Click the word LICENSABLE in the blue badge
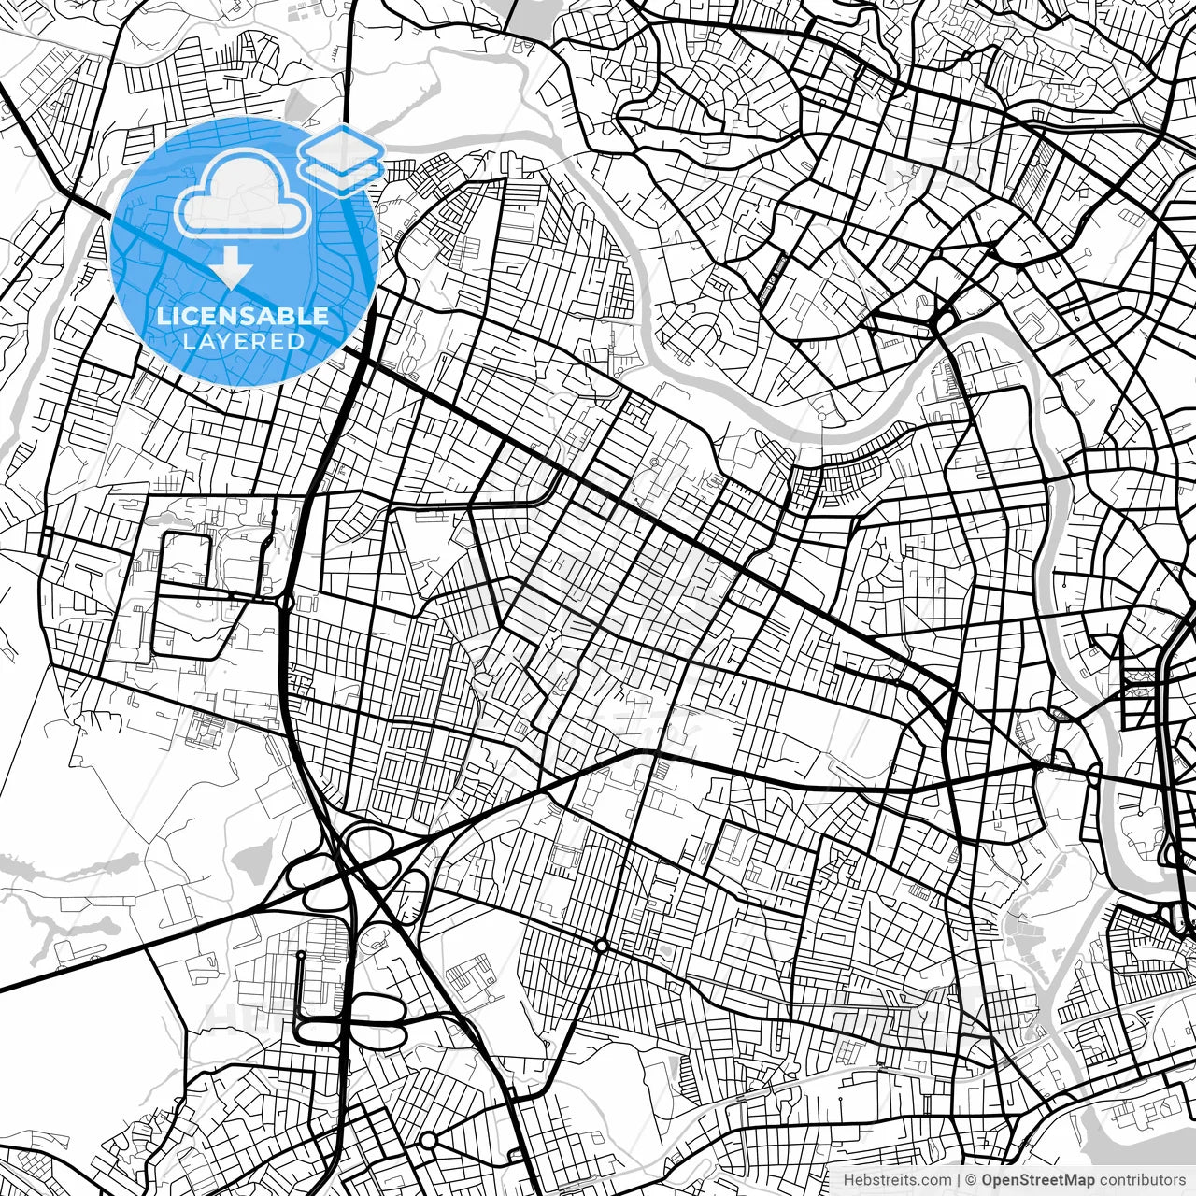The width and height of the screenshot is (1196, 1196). pyautogui.click(x=243, y=316)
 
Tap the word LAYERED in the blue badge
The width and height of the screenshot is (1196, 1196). pyautogui.click(x=243, y=341)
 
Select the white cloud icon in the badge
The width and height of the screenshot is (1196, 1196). pyautogui.click(x=243, y=194)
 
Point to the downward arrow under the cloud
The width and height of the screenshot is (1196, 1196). pyautogui.click(x=231, y=270)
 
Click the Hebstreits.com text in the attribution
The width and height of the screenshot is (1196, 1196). pyautogui.click(x=897, y=1180)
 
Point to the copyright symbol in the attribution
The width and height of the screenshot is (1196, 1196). pyautogui.click(x=971, y=1180)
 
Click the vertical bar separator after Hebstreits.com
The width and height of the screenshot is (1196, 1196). pyautogui.click(x=960, y=1180)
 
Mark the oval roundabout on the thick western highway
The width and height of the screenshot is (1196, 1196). pyautogui.click(x=287, y=603)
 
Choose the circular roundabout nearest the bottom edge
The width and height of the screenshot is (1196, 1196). pyautogui.click(x=428, y=1140)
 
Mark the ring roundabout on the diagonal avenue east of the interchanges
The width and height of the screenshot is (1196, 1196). pyautogui.click(x=602, y=947)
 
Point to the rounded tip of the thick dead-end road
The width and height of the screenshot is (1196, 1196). pyautogui.click(x=301, y=956)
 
